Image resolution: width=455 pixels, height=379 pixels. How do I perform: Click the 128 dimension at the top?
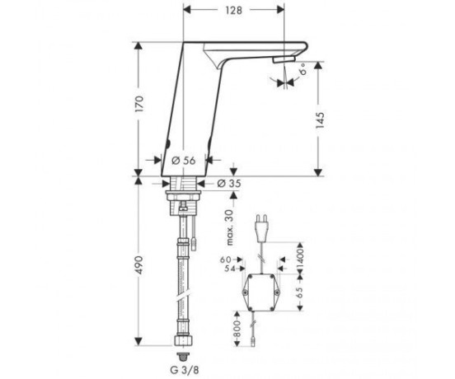click(233, 11)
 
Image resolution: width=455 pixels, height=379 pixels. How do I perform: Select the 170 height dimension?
click(139, 104)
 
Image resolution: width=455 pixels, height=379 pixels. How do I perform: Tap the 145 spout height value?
click(320, 120)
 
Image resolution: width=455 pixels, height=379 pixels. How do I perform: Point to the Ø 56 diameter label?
click(184, 161)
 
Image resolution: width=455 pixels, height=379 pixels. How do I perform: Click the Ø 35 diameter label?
click(229, 183)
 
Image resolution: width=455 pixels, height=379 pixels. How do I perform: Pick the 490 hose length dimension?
click(139, 265)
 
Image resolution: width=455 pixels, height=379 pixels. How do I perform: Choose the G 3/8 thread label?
click(185, 370)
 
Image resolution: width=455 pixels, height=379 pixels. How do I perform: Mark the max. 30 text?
click(230, 227)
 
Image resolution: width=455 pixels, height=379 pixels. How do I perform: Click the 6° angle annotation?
click(303, 69)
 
